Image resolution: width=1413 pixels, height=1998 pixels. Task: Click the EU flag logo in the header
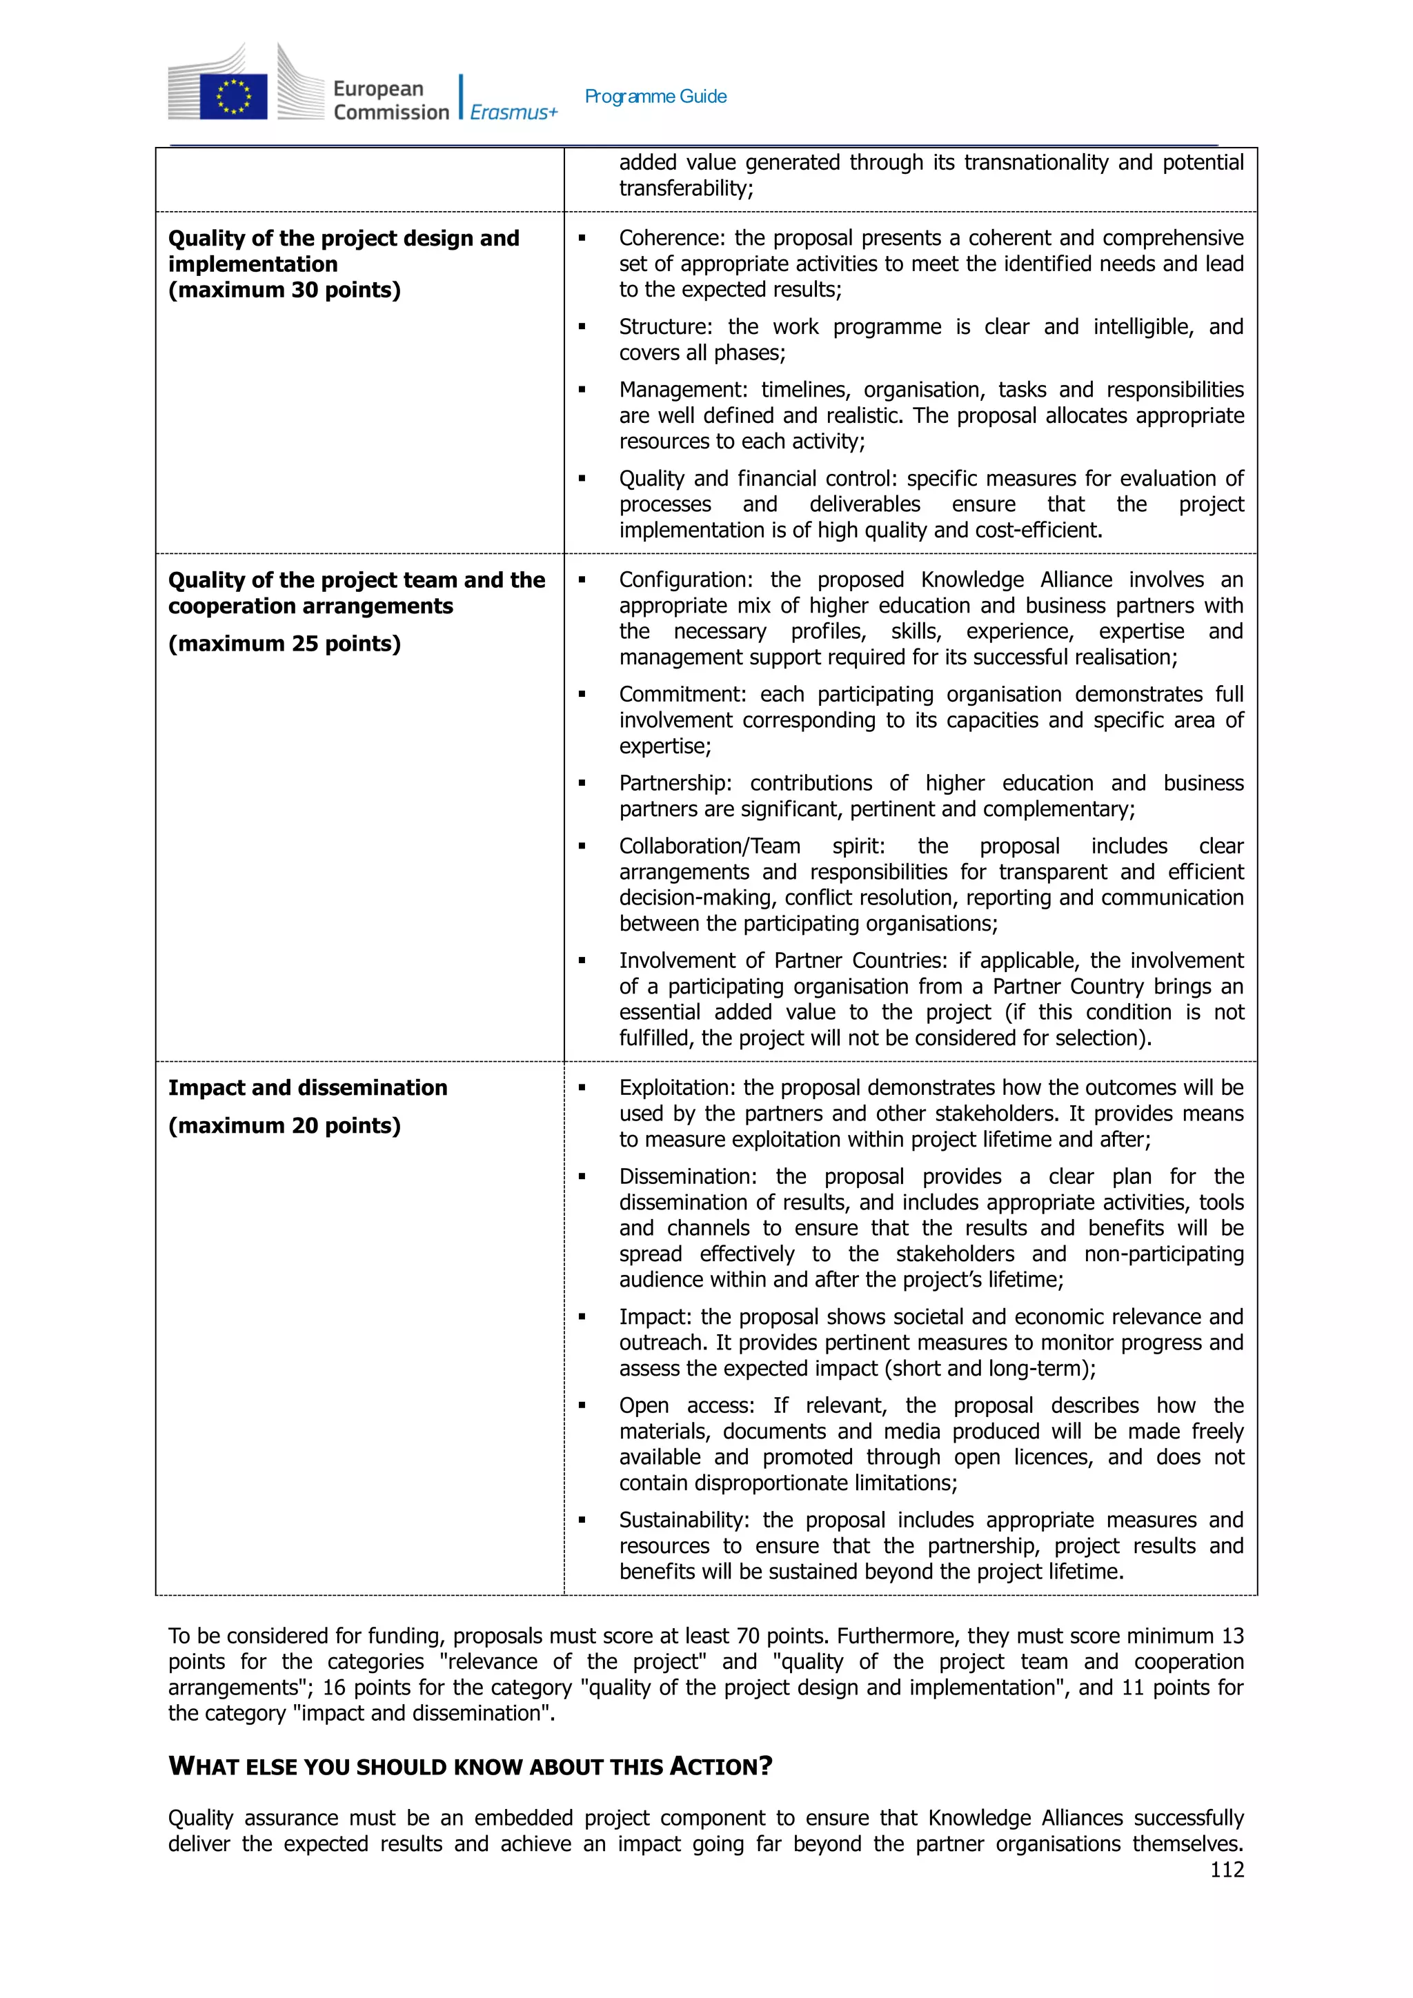233,96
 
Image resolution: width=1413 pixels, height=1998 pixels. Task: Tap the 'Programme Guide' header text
655,97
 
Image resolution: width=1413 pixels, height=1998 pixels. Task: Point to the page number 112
1226,1869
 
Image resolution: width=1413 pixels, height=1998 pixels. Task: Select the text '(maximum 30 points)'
284,290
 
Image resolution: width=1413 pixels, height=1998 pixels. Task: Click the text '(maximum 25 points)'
284,643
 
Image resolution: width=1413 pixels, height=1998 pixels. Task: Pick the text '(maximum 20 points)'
284,1125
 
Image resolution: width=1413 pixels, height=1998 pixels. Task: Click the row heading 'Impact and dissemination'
307,1088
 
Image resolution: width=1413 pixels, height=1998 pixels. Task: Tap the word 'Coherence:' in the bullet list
672,239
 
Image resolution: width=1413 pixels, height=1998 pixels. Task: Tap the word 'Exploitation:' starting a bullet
677,1088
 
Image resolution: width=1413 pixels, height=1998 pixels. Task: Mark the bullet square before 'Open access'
582,1405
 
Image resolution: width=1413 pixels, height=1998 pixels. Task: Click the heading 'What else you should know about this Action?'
470,1765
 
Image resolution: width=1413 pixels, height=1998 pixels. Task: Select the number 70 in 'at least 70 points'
749,1636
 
